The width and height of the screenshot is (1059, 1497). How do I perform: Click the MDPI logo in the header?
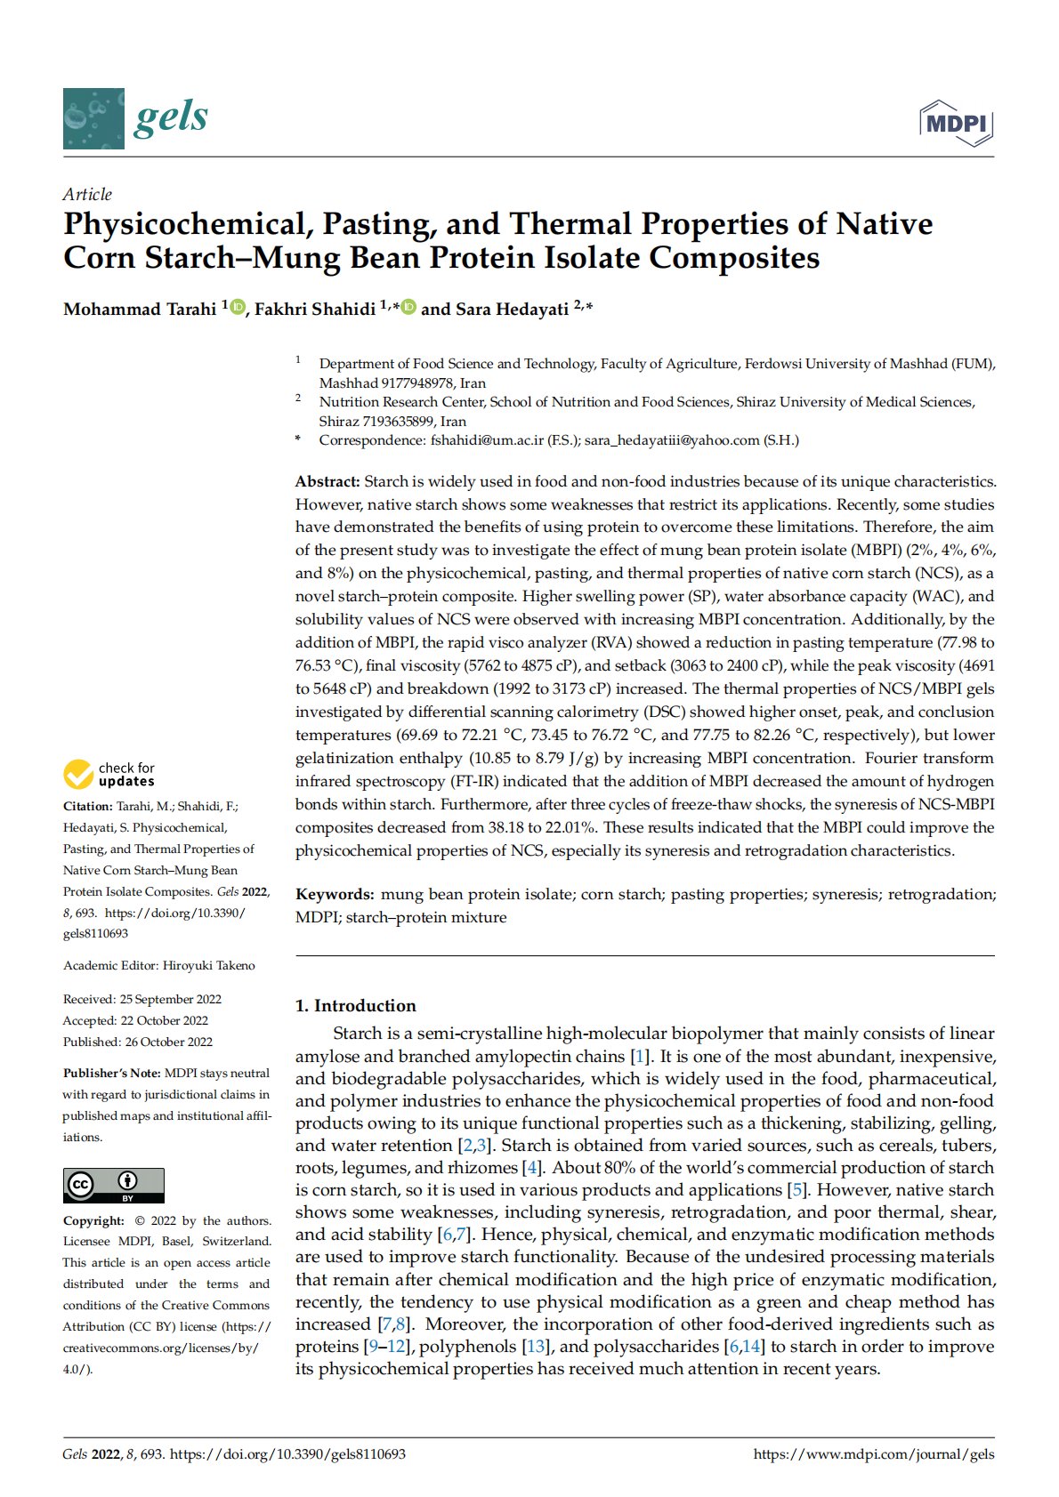click(x=957, y=124)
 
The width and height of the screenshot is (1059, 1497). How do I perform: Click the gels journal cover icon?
click(x=93, y=118)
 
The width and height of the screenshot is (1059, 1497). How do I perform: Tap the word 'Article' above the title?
click(x=87, y=194)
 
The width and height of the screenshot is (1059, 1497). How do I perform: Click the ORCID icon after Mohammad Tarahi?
click(x=238, y=308)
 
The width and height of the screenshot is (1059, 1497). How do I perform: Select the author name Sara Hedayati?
click(x=512, y=310)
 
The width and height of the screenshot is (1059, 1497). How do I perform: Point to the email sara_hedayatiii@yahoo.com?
click(x=672, y=440)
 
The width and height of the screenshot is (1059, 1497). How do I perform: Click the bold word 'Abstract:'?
click(x=327, y=482)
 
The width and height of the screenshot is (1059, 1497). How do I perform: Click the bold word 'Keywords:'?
click(x=335, y=895)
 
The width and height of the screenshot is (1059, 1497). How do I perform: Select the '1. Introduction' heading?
click(x=355, y=1006)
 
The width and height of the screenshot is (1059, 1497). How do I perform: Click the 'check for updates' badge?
click(x=109, y=774)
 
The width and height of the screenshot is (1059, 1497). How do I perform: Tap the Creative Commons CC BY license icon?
click(x=113, y=1185)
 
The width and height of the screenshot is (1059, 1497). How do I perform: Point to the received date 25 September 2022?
click(x=170, y=1000)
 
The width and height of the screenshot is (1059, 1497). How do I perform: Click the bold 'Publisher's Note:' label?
click(x=112, y=1074)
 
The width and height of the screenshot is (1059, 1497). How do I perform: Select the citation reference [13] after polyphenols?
click(x=536, y=1347)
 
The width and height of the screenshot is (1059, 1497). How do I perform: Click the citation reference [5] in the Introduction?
click(x=797, y=1190)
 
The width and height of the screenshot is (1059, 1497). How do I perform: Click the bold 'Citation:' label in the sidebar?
click(x=87, y=807)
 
